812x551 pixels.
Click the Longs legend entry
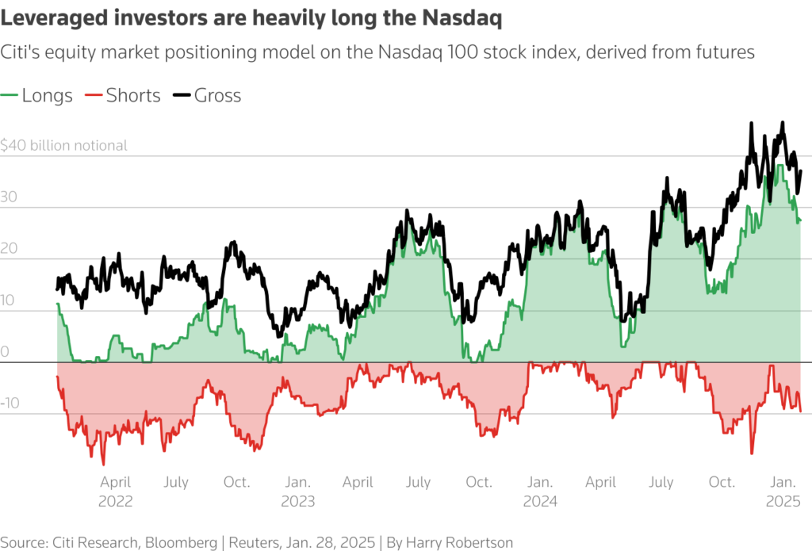coord(47,96)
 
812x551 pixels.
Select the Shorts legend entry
coord(133,96)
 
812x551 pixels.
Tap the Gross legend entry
coord(217,96)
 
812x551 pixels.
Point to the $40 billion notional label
coord(63,146)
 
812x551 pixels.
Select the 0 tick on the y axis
coord(5,352)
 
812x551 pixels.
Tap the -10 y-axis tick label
coord(11,404)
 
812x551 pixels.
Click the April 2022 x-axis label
coord(116,492)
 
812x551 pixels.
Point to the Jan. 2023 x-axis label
coord(297,492)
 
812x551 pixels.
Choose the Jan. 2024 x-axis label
coord(540,492)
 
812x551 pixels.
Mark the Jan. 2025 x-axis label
coord(783,492)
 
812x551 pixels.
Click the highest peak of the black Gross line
coord(783,122)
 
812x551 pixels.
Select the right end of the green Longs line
coord(800,220)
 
